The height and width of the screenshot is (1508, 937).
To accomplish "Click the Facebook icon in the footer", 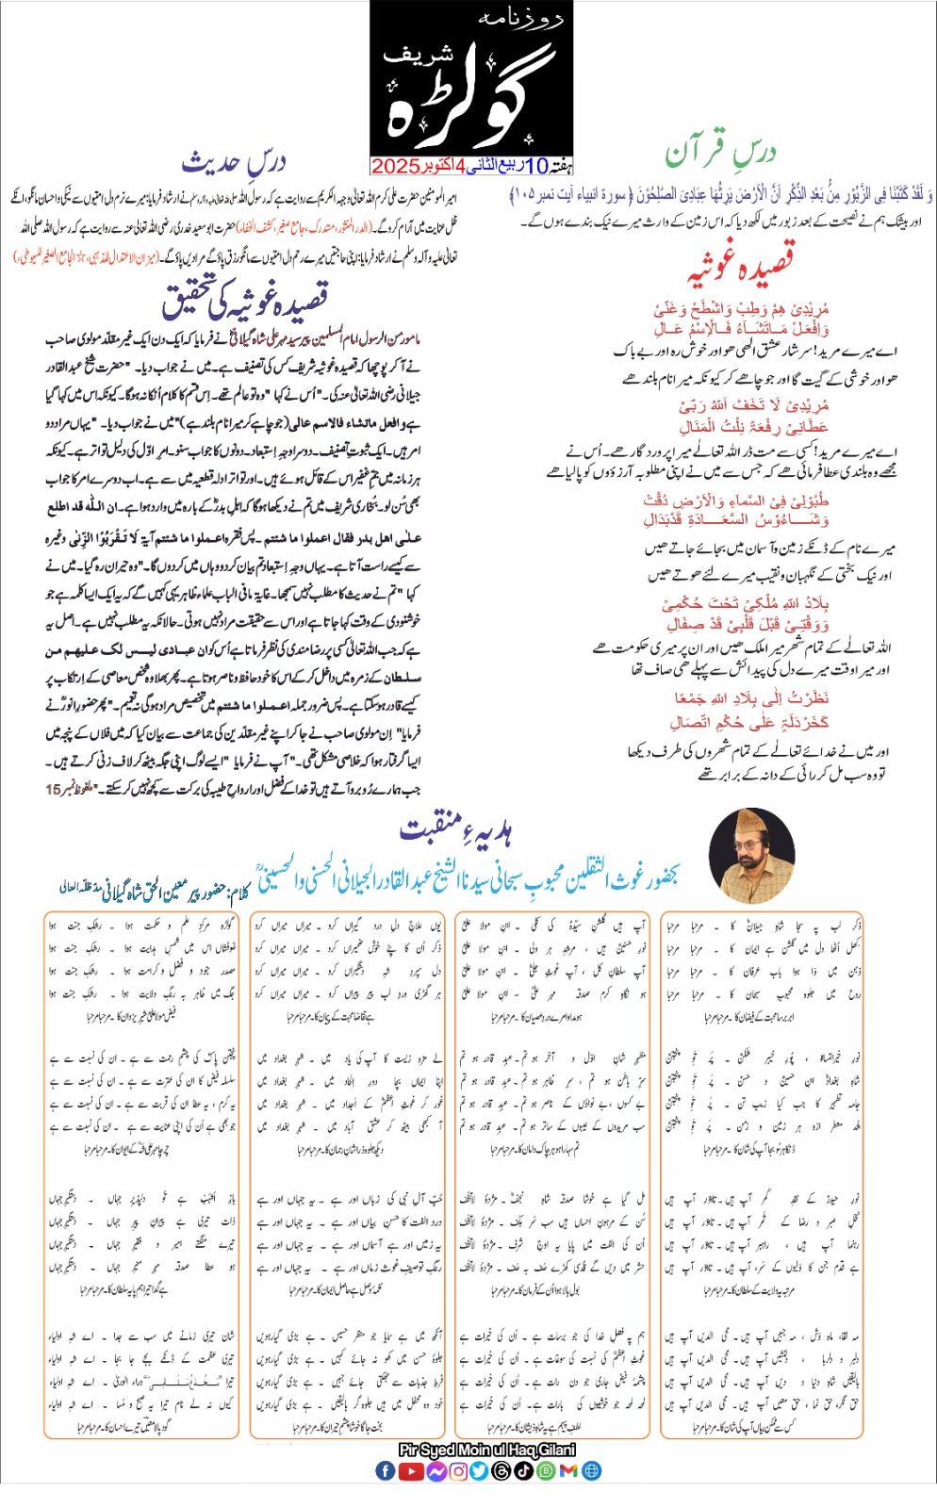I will [386, 1470].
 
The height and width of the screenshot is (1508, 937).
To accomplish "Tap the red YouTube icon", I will [411, 1470].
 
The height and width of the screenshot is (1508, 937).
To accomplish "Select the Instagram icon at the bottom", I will [458, 1470].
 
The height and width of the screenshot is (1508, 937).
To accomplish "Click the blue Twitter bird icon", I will [480, 1470].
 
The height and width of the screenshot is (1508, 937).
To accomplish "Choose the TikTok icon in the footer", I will [524, 1470].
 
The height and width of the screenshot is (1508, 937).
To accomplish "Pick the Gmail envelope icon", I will [568, 1470].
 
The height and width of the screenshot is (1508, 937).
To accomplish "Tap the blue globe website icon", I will [591, 1470].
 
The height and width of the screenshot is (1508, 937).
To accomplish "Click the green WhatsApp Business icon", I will [546, 1470].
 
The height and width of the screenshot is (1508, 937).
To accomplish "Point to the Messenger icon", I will [436, 1470].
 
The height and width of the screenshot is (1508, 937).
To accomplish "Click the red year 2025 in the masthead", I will [396, 167].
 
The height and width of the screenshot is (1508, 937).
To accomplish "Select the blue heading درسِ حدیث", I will [233, 162].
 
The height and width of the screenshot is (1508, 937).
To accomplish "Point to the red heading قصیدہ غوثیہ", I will [740, 264].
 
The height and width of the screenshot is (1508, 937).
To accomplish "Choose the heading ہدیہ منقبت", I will [456, 830].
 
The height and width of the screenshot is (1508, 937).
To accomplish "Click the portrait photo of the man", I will [751, 856].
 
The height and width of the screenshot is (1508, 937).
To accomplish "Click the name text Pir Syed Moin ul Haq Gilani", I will [486, 1450].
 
